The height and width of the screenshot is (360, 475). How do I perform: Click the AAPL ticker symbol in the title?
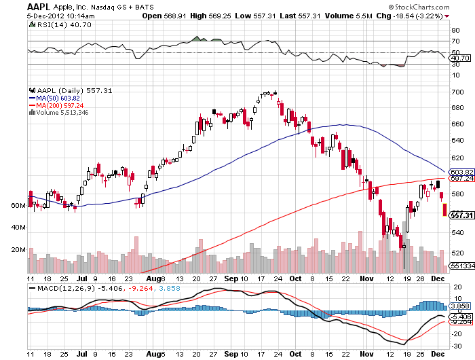coord(39,5)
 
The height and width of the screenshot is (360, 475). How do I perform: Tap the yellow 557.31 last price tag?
coord(459,215)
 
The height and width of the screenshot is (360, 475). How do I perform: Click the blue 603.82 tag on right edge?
coord(459,172)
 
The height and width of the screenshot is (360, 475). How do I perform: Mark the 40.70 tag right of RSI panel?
coord(459,58)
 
